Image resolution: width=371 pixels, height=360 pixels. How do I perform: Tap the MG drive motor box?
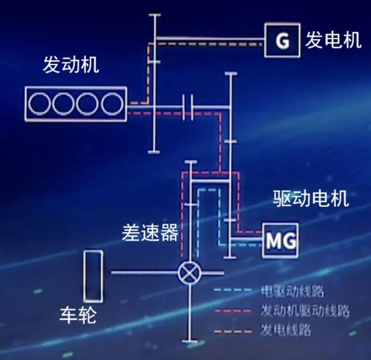pyautogui.click(x=281, y=240)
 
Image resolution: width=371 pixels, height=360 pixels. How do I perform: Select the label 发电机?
pyautogui.click(x=333, y=40)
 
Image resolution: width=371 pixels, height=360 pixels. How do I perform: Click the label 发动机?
pyautogui.click(x=70, y=66)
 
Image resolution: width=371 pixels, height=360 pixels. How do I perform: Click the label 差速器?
pyautogui.click(x=149, y=233)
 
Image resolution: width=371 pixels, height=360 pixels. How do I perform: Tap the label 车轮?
pyautogui.click(x=78, y=315)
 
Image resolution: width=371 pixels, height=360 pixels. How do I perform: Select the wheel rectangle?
pyautogui.click(x=93, y=276)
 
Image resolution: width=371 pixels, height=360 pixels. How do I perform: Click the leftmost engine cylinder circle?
pyautogui.click(x=39, y=104)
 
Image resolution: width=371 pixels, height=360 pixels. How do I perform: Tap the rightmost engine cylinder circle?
pyautogui.click(x=112, y=104)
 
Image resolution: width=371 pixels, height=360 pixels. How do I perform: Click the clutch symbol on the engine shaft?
pyautogui.click(x=188, y=107)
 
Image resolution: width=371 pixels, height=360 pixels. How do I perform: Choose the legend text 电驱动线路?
pyautogui.click(x=293, y=291)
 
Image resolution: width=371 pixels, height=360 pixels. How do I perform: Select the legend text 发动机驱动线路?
pyautogui.click(x=305, y=311)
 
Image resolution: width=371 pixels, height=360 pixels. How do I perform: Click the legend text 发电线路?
pyautogui.click(x=286, y=330)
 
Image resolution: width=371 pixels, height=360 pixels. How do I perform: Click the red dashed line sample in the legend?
pyautogui.click(x=233, y=311)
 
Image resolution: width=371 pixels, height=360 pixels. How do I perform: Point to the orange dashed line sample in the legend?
pyautogui.click(x=233, y=331)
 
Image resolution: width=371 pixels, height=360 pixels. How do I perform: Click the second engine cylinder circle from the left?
pyautogui.click(x=63, y=104)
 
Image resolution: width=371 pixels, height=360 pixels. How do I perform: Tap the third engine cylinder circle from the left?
pyautogui.click(x=87, y=104)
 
